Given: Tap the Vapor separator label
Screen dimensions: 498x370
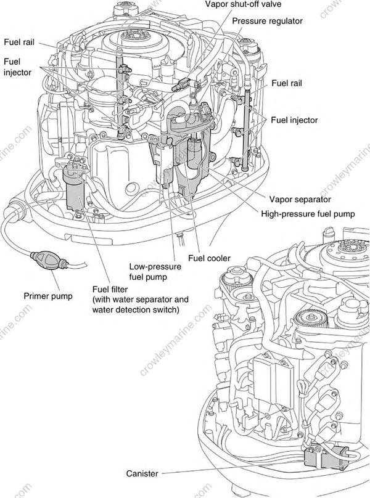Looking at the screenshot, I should (x=300, y=199).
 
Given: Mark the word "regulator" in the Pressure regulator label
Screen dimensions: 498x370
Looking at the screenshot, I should (x=286, y=20).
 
